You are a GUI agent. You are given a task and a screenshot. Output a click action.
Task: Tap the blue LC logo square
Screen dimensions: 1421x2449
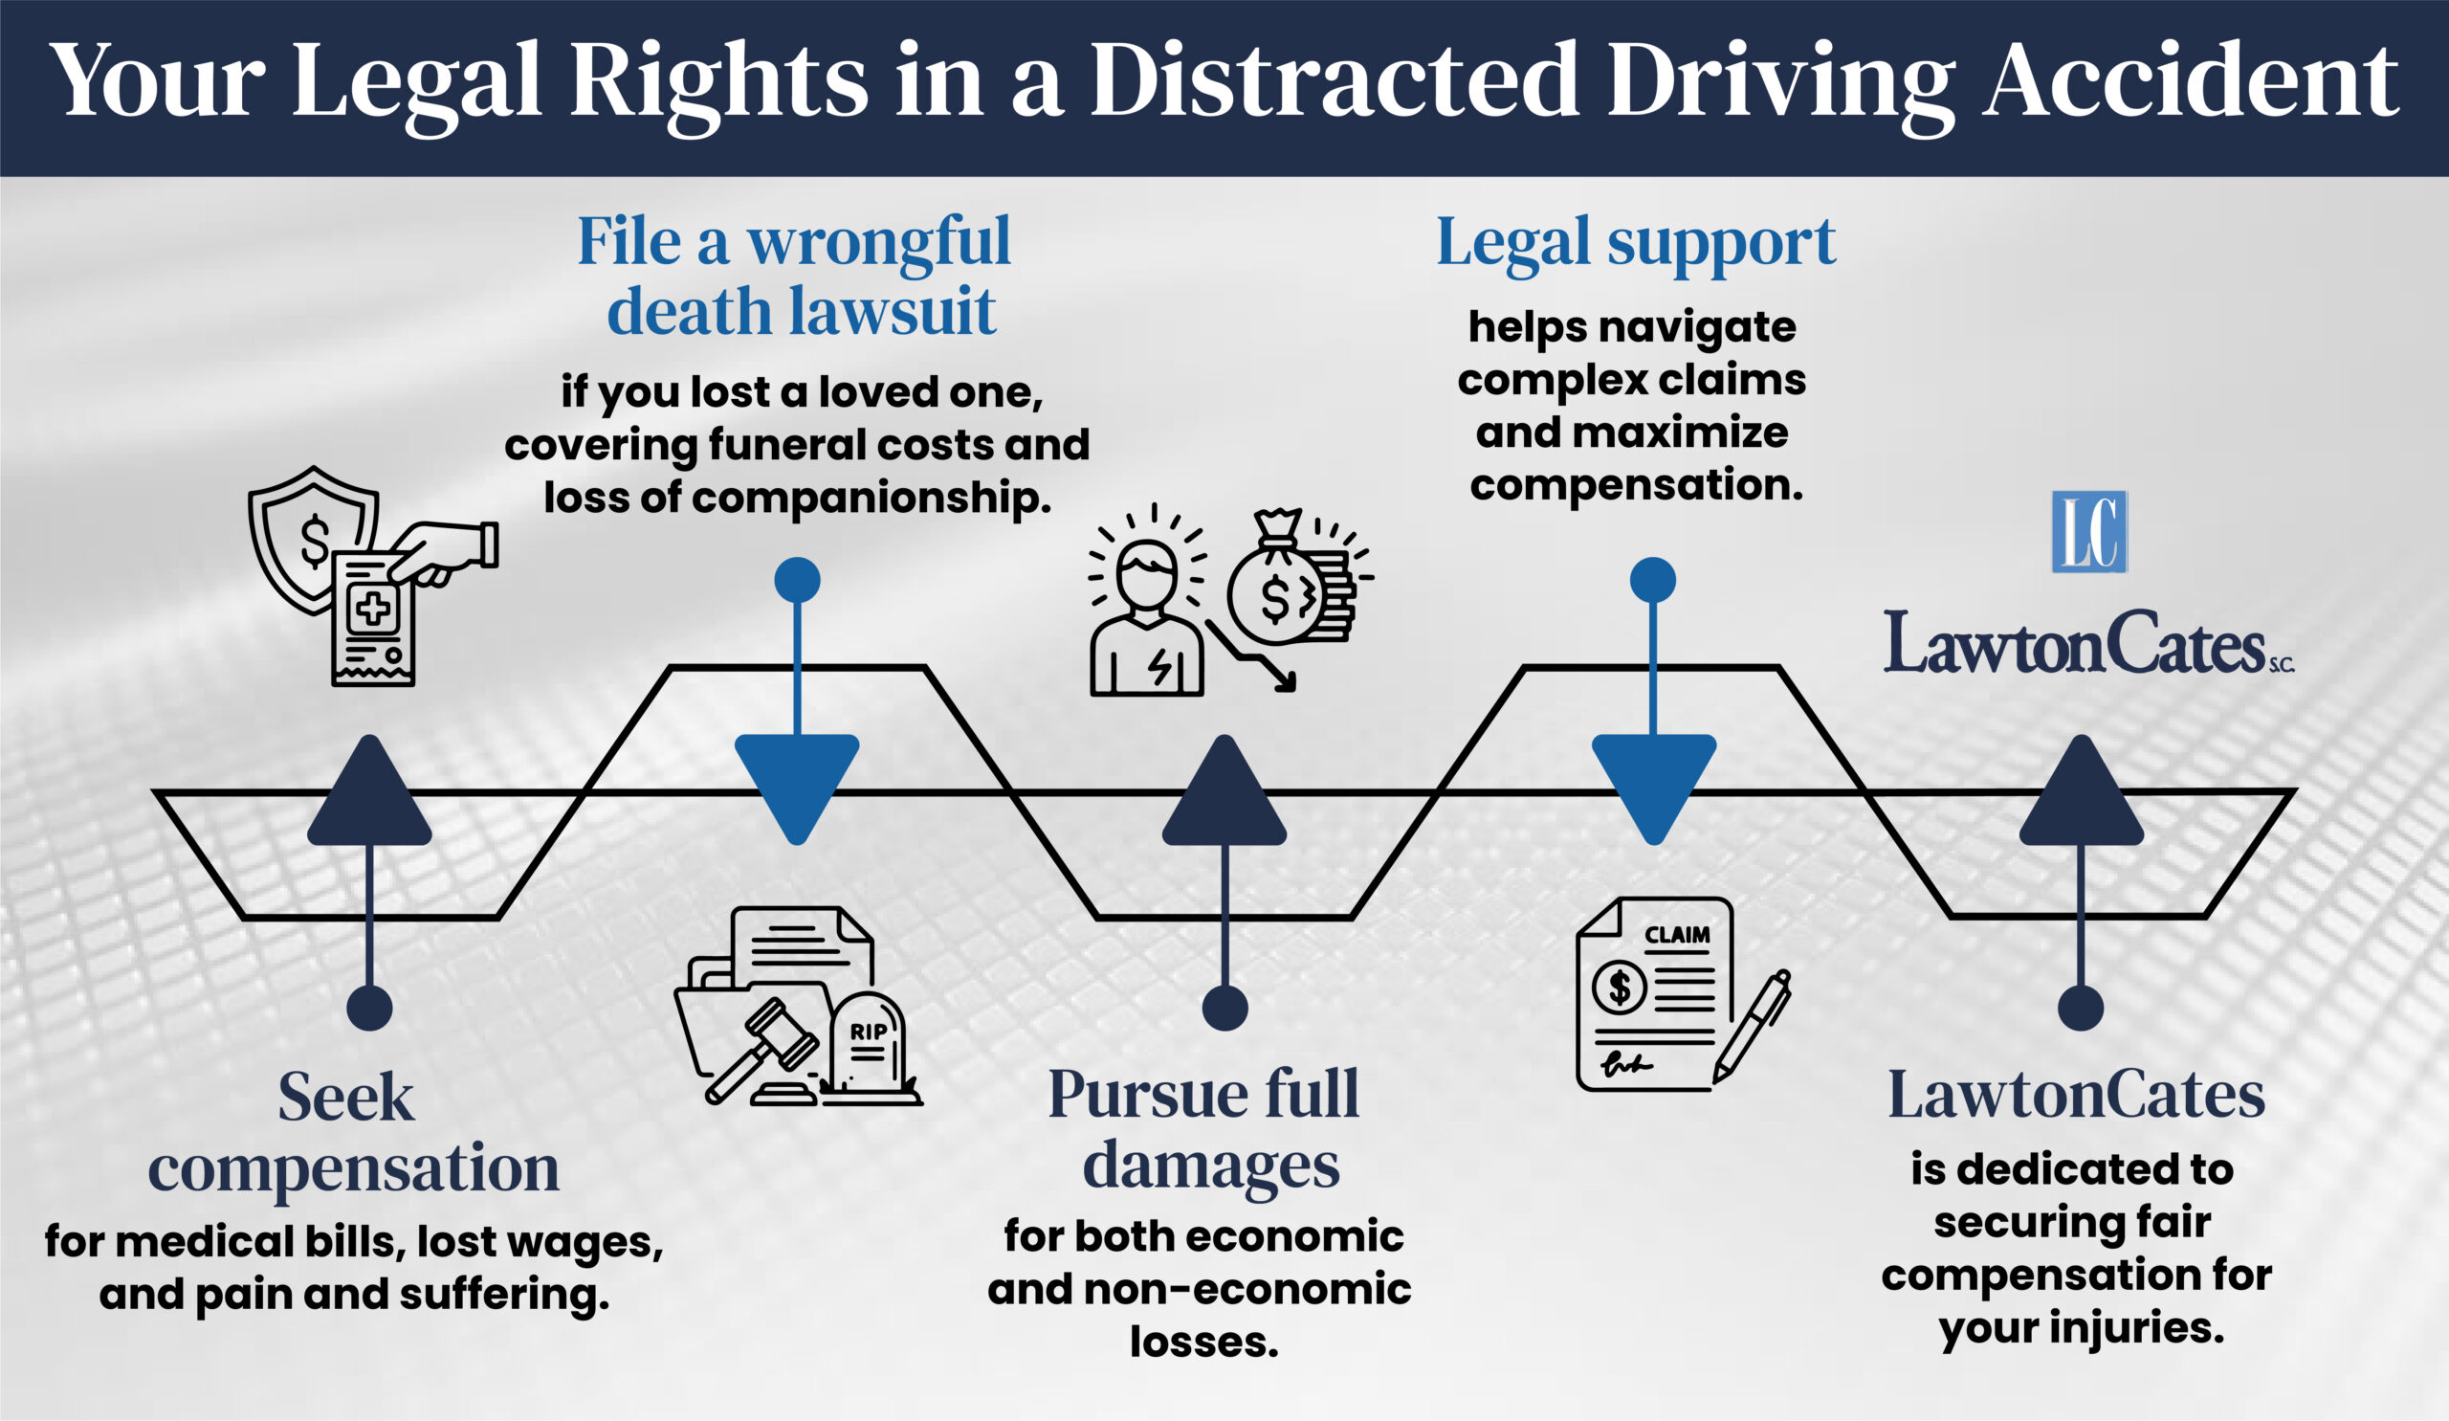(x=2088, y=532)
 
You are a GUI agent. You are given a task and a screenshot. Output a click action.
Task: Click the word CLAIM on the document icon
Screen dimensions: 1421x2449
(x=1676, y=935)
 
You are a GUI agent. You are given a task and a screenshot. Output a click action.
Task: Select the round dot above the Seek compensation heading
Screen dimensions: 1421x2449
(x=369, y=1007)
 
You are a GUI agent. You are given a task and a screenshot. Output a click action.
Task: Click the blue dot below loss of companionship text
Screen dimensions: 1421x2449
(x=797, y=580)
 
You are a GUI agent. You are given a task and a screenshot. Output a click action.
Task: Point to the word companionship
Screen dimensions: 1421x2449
(x=871, y=499)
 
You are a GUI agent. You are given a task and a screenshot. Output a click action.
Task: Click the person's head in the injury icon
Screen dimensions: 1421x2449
(x=1147, y=573)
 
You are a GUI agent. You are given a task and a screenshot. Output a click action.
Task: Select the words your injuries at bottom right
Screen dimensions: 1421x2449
(x=2082, y=1326)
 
